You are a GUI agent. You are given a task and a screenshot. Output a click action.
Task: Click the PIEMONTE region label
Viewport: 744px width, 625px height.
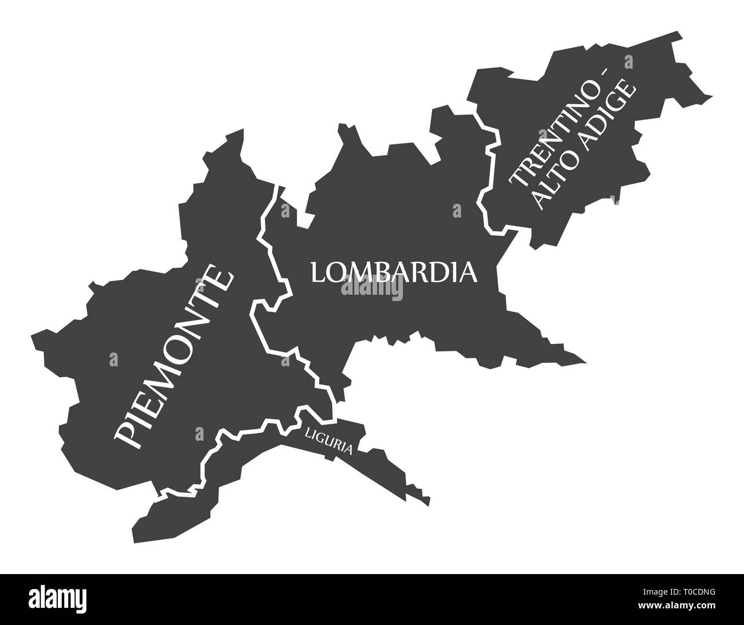(174, 359)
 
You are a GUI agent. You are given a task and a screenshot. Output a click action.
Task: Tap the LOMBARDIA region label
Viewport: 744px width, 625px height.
(394, 272)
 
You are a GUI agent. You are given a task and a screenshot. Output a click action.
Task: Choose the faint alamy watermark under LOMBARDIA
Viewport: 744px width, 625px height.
(372, 290)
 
